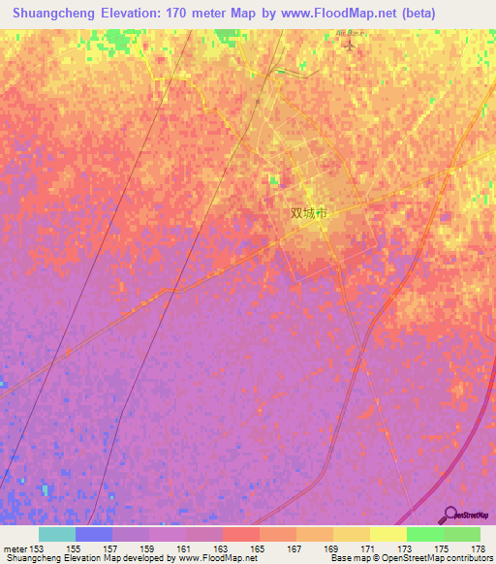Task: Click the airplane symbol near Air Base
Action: [x=350, y=44]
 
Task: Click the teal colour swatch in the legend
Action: [x=56, y=534]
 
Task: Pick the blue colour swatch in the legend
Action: [x=93, y=534]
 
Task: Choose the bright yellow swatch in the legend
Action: [x=387, y=534]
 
